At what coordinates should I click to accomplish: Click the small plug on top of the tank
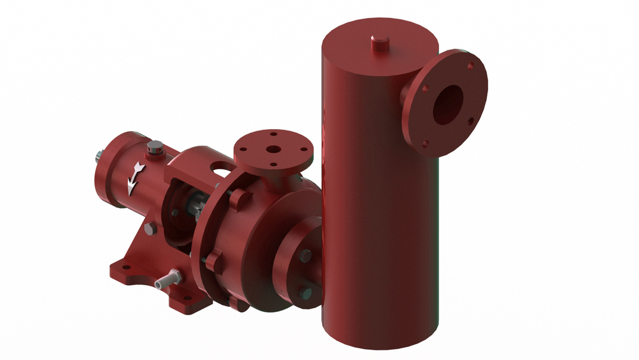[x=379, y=42]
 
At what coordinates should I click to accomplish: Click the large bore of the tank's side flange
[x=448, y=104]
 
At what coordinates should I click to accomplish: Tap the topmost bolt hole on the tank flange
[x=470, y=65]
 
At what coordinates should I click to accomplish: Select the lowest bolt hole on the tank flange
[x=424, y=145]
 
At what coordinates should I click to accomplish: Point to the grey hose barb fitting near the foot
[x=167, y=279]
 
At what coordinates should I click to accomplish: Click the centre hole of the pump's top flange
[x=273, y=150]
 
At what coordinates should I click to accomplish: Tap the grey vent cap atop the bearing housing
[x=153, y=151]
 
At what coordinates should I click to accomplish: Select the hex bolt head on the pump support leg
[x=150, y=231]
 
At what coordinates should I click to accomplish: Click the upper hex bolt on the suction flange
[x=305, y=254]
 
